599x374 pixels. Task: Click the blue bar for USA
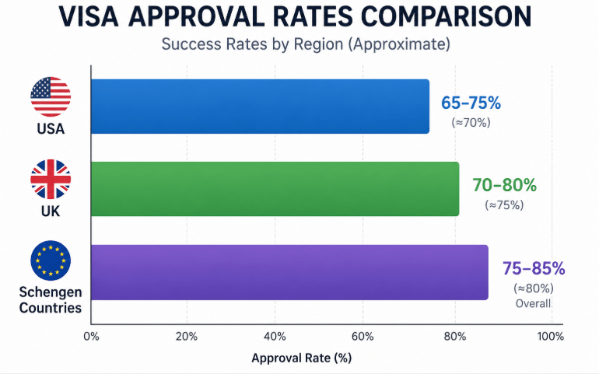260,107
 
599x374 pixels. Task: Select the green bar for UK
275,189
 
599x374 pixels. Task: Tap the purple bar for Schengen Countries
289,272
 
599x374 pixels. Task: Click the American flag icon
51,97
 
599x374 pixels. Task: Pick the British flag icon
51,180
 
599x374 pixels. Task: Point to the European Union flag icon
51,260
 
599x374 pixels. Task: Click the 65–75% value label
471,103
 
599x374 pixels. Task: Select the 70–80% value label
504,185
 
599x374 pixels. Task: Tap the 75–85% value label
534,268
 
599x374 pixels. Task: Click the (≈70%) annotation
471,122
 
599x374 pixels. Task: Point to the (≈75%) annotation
504,204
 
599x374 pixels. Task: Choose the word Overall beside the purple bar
534,304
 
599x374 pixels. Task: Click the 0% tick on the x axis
91,337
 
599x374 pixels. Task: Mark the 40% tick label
275,337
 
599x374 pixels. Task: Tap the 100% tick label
550,337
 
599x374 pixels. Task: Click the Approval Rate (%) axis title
301,358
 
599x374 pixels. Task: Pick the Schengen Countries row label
51,300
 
